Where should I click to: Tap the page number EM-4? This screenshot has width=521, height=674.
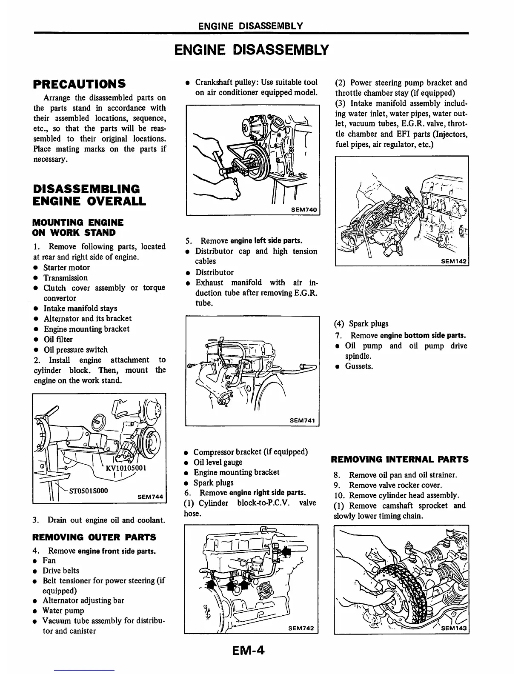point(248,650)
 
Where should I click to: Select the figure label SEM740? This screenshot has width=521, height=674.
point(304,209)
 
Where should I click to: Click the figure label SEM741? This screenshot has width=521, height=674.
point(302,420)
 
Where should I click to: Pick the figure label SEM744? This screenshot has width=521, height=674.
point(151,496)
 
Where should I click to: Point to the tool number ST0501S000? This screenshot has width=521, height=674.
point(89,490)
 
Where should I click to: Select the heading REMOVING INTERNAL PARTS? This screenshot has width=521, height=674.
point(400,459)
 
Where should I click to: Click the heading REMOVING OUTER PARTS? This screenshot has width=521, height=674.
point(94,537)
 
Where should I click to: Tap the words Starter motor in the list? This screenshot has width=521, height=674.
point(67,267)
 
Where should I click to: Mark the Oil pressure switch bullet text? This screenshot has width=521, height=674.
point(76,349)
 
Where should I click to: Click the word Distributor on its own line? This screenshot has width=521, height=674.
point(215,272)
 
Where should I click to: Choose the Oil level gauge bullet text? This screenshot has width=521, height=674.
point(218,462)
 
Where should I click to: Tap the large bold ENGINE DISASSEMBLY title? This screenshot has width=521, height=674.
point(252,50)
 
